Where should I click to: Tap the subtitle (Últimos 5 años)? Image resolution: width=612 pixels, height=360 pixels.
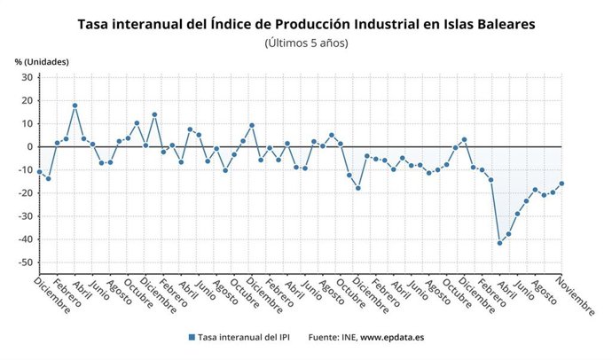[307, 43]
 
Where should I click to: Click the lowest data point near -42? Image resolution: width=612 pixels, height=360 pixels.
[499, 243]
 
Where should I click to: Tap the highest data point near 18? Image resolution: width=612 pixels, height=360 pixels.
[75, 106]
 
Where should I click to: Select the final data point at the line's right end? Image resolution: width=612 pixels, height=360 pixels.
[561, 184]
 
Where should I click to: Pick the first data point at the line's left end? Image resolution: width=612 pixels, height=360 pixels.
[39, 172]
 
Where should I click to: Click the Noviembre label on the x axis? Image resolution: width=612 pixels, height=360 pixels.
[577, 296]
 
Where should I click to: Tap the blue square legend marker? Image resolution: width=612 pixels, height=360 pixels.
[191, 338]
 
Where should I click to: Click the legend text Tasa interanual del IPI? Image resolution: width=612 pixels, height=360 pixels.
[245, 338]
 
